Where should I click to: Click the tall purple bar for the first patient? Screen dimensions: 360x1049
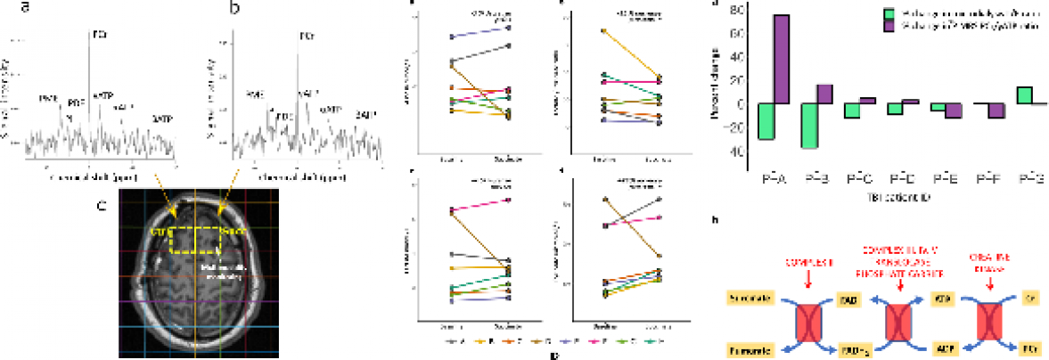tap(781, 59)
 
